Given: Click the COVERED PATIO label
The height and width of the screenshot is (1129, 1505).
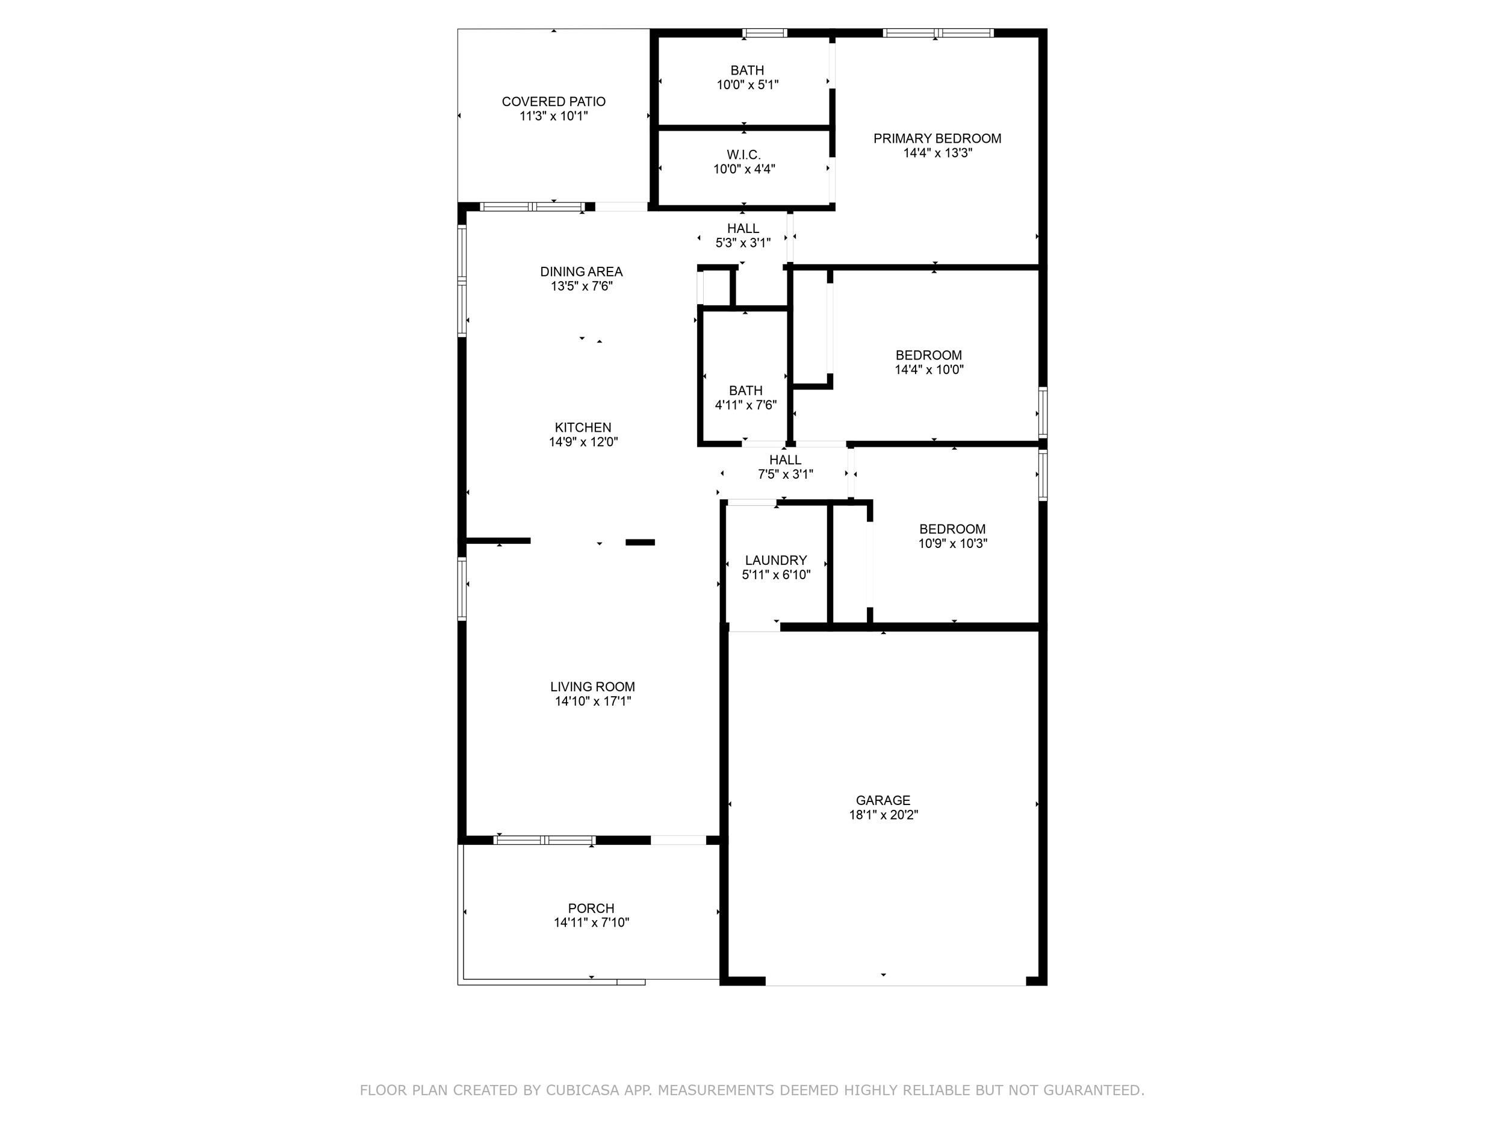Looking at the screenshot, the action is pos(554,101).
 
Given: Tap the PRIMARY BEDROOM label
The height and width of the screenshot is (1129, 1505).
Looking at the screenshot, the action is pos(937,138).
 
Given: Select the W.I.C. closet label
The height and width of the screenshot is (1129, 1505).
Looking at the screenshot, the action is pos(743,155).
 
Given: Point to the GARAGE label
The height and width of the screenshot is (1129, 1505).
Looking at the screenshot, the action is pos(883,800).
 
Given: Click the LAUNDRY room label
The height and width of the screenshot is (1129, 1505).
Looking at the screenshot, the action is pos(775,560).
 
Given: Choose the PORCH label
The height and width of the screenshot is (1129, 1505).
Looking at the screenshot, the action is pos(591,908).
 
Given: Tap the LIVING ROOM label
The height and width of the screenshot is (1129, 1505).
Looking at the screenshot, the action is pos(592,686).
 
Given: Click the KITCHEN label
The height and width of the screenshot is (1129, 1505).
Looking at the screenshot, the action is pos(583,428).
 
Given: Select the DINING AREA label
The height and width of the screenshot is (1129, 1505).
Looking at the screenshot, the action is pos(582,272).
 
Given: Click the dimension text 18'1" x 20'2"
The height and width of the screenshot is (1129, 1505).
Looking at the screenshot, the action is pos(883,815).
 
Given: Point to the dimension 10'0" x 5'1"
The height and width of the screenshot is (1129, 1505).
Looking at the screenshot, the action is pos(747,85).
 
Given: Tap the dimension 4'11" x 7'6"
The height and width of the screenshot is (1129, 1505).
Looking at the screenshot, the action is pos(746,405).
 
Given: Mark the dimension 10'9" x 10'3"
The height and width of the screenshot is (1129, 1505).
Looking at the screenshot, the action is pos(952,543).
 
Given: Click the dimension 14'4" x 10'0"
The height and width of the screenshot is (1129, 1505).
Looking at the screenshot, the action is pos(929,370).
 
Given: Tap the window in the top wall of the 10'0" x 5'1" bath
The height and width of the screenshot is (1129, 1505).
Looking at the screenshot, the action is pos(764,33).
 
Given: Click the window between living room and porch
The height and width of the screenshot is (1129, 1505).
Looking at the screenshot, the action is pos(544,840).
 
